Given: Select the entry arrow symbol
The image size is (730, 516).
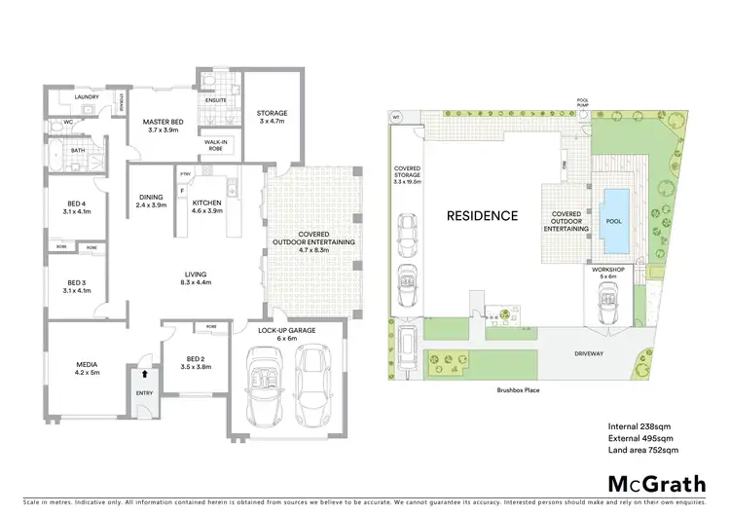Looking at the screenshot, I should (145, 372).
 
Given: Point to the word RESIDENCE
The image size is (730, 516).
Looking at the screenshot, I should (482, 215).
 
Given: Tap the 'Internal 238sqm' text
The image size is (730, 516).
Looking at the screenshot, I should (639, 427).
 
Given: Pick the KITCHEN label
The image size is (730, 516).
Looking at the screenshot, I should (206, 203).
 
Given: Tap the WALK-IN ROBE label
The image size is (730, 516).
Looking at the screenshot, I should (216, 144).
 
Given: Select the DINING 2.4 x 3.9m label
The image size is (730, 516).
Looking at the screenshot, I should (151, 201).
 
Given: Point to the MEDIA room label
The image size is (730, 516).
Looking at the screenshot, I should (89, 368).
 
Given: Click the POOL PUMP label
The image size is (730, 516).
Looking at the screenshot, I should (584, 101).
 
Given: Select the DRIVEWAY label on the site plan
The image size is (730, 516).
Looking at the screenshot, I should (590, 354).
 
